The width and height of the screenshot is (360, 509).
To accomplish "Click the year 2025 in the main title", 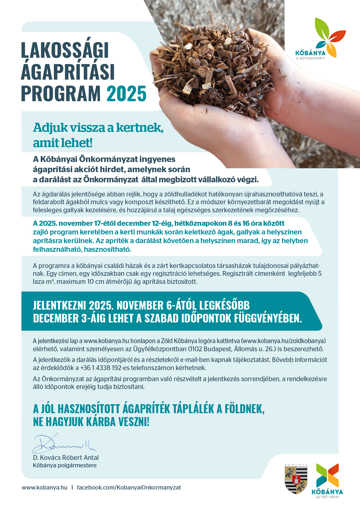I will click(126, 94).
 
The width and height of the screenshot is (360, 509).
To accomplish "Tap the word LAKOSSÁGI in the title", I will click(65, 50).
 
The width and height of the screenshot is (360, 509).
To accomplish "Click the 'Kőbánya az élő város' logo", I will click(327, 481).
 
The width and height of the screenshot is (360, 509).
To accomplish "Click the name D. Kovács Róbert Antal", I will click(66, 458).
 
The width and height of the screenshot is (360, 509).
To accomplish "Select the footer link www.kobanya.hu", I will click(44, 487).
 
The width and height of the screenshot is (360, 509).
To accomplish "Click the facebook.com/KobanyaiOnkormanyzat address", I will click(129, 487).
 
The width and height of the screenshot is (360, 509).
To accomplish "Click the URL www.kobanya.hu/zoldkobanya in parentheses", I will click(283, 341).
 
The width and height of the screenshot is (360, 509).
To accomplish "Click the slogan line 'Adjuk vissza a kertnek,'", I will click(98, 128).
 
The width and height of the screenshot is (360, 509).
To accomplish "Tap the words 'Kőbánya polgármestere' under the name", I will click(65, 465).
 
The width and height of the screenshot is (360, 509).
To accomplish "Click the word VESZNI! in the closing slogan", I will click(134, 422).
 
